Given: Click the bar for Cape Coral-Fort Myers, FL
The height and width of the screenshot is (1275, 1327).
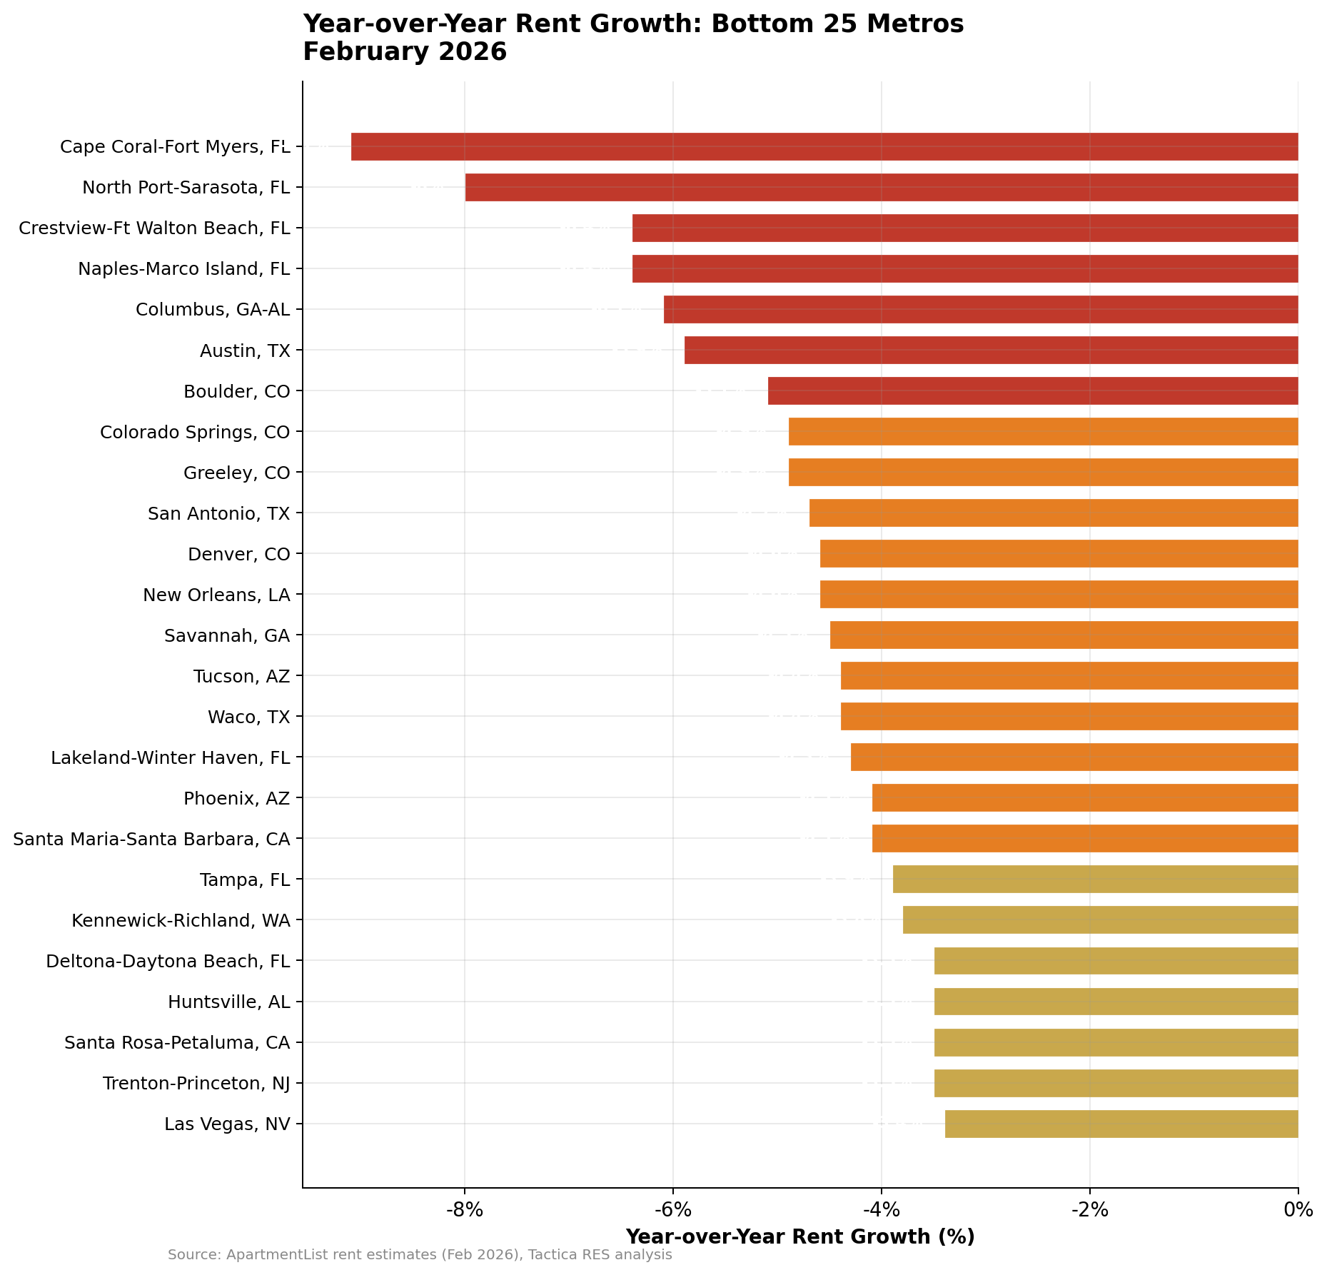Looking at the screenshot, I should point(824,146).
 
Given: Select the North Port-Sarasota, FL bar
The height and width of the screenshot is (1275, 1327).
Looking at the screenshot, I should point(881,187).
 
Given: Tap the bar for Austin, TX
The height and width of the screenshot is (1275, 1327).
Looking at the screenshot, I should point(991,350).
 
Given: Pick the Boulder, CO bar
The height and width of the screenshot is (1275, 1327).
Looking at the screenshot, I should point(1032,390).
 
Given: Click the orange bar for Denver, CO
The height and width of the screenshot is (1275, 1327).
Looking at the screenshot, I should point(1059,553).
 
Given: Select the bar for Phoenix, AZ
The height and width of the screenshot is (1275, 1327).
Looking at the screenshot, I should point(1084,797).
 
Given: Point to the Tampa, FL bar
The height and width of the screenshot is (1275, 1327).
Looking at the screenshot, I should point(1095,879).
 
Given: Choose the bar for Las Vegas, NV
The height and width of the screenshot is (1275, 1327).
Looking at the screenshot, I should point(1121,1124).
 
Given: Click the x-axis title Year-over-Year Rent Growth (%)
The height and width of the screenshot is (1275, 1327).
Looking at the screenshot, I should point(799,1236).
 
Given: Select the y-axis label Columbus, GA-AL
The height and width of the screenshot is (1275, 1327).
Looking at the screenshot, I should point(213,310).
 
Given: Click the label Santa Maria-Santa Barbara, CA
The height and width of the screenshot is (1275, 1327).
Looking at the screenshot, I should point(151,839).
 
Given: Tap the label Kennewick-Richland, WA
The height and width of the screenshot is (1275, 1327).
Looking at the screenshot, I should point(181,920).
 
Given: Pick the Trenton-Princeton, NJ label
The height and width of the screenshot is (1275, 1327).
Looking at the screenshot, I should point(196,1084).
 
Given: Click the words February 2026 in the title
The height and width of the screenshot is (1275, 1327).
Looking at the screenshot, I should point(404,52).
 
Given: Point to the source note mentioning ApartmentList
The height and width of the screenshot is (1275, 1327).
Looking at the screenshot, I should point(420,1255).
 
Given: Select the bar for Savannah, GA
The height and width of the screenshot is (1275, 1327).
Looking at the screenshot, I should point(1064,635).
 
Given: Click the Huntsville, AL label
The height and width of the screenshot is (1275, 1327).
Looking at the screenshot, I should point(228,1002).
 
